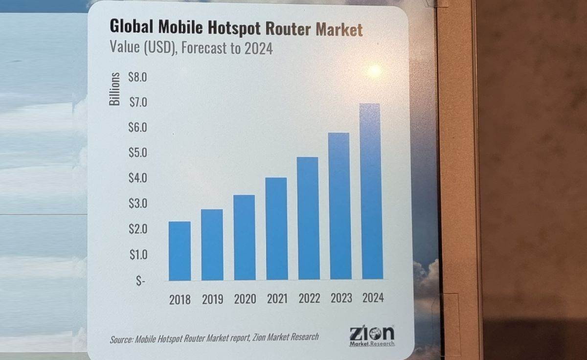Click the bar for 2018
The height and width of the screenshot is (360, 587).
180,250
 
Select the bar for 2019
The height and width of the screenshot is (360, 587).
212,244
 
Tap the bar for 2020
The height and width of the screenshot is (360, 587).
244,237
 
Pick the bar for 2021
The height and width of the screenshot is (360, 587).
276,228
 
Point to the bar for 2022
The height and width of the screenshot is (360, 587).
308,218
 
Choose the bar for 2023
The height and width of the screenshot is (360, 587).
340,206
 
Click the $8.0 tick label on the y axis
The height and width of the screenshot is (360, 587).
137,77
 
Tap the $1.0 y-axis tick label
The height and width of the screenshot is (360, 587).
137,254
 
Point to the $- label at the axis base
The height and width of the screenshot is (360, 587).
140,282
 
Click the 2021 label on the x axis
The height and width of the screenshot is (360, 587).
277,299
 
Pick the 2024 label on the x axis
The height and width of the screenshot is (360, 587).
373,298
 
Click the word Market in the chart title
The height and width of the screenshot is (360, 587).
339,29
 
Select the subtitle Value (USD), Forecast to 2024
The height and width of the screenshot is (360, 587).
191,48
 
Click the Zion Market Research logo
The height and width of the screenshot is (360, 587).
372,336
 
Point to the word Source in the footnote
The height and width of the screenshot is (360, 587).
121,338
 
